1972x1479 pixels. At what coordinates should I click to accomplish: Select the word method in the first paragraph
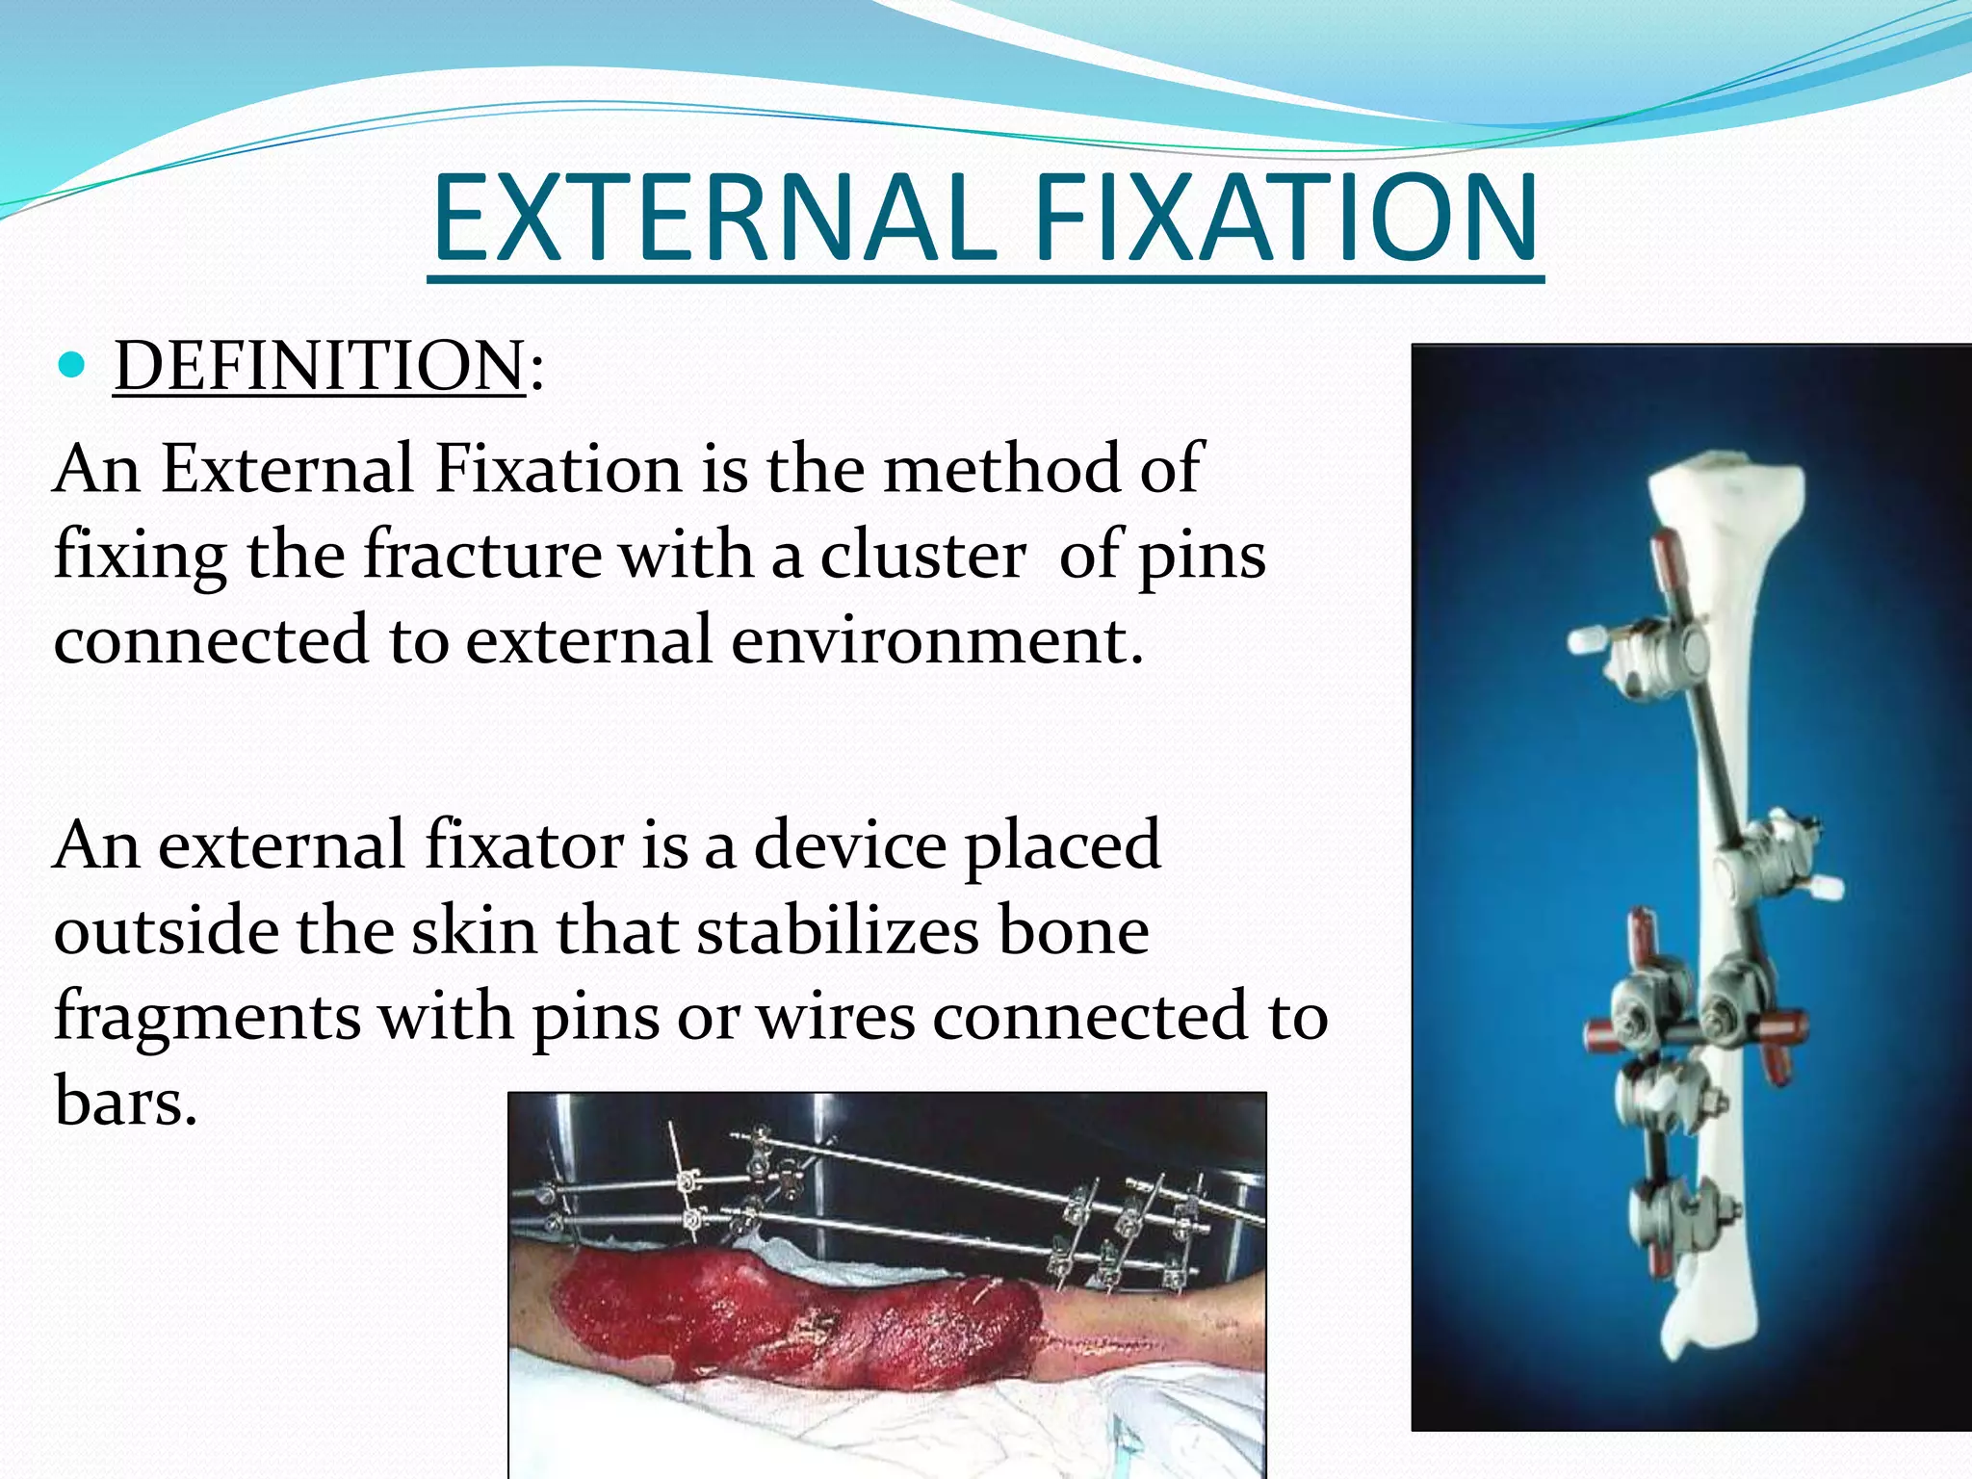pyautogui.click(x=1001, y=469)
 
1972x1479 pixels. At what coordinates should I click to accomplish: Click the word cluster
pyautogui.click(x=922, y=556)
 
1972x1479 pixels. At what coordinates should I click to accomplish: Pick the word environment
pyautogui.click(x=936, y=640)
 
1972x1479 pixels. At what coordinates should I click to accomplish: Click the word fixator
pyautogui.click(x=524, y=844)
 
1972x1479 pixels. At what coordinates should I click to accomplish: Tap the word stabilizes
pyautogui.click(x=836, y=931)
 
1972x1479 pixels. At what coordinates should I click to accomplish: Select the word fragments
pyautogui.click(x=207, y=1017)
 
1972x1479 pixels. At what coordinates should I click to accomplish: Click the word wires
pyautogui.click(x=836, y=1017)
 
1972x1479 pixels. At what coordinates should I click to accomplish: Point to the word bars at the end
pyautogui.click(x=125, y=1101)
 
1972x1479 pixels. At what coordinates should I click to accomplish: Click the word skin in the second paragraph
pyautogui.click(x=473, y=931)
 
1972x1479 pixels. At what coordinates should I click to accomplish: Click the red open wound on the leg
pyautogui.click(x=799, y=1319)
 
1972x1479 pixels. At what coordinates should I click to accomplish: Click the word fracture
pyautogui.click(x=481, y=556)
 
